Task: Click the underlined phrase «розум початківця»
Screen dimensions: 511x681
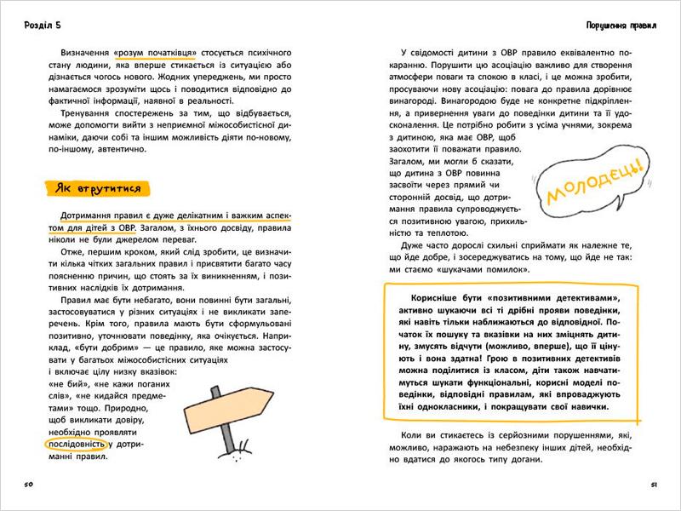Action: point(167,52)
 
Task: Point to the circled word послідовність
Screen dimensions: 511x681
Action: point(76,444)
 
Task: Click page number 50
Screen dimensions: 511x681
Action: point(28,485)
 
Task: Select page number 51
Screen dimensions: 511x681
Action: point(653,485)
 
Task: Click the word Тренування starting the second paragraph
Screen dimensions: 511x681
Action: point(78,113)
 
